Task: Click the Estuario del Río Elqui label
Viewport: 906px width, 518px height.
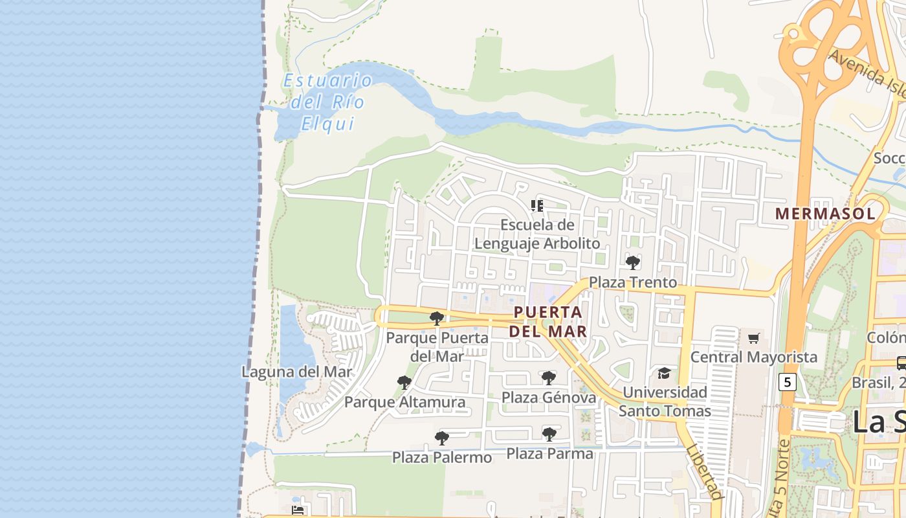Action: [x=327, y=102]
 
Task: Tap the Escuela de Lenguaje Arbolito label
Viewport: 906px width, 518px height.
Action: [x=537, y=234]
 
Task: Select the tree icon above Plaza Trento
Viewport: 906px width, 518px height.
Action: [x=633, y=262]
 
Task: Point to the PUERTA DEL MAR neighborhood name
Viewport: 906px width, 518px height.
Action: [x=548, y=322]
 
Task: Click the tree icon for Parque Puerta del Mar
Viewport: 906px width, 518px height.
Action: [x=437, y=318]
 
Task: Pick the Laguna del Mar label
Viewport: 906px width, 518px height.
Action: [x=297, y=372]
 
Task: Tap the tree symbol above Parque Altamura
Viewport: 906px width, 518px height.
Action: [x=404, y=383]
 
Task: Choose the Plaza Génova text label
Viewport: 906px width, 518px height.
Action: [x=549, y=398]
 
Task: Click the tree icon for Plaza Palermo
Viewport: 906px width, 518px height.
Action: [x=442, y=438]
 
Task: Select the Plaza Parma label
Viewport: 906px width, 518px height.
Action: [x=549, y=454]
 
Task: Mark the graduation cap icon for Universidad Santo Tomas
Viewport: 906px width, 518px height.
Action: [x=664, y=373]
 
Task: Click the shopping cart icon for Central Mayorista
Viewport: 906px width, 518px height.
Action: [x=754, y=338]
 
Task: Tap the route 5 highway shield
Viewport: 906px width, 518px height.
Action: [x=787, y=382]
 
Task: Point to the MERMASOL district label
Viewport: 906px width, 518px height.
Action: [x=825, y=214]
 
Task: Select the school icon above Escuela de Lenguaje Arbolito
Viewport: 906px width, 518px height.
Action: [x=537, y=206]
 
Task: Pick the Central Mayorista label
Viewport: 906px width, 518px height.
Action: [x=754, y=357]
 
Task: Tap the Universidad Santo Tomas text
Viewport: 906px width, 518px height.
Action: [x=665, y=401]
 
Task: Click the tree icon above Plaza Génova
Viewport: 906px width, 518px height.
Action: [x=549, y=378]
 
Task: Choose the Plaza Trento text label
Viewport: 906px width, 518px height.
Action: [x=633, y=282]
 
